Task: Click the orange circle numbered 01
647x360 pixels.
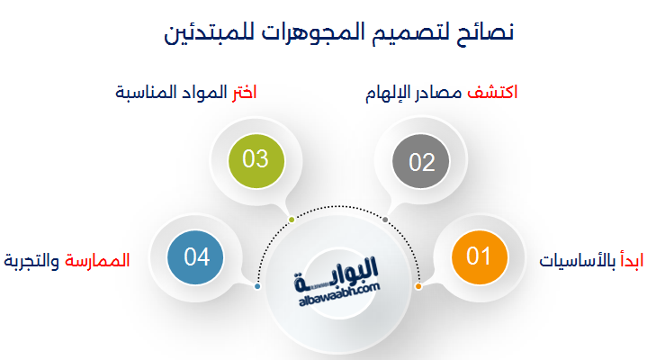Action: coord(479,256)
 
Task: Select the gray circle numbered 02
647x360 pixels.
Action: coord(421,161)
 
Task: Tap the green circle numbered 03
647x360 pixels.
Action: coord(256,160)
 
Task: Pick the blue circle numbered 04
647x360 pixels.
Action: coord(195,257)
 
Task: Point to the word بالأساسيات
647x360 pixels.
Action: coord(578,260)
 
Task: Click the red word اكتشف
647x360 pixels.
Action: coord(492,93)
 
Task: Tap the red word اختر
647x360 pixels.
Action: coord(244,93)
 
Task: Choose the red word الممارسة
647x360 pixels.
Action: coord(97,260)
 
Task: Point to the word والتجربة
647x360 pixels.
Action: coord(31,261)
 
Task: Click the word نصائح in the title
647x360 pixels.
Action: coord(485,33)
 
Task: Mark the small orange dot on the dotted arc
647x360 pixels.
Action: coord(418,286)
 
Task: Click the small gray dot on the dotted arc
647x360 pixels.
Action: coord(385,220)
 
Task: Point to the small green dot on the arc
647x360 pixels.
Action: coord(292,220)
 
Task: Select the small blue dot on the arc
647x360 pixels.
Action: coord(257,286)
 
